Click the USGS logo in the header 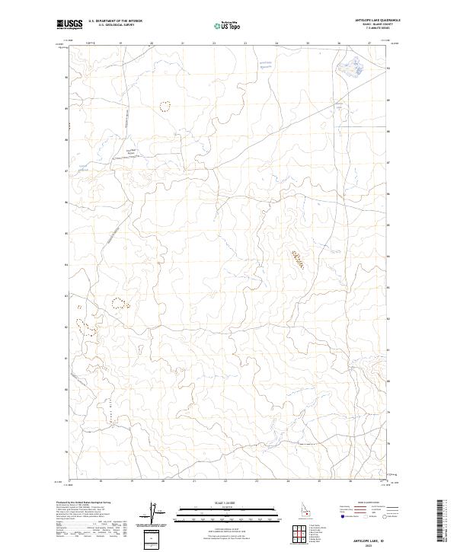(69, 24)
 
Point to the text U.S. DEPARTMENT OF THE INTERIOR (115, 21)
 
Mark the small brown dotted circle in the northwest (165, 106)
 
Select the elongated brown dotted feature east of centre (298, 259)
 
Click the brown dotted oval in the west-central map (120, 303)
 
